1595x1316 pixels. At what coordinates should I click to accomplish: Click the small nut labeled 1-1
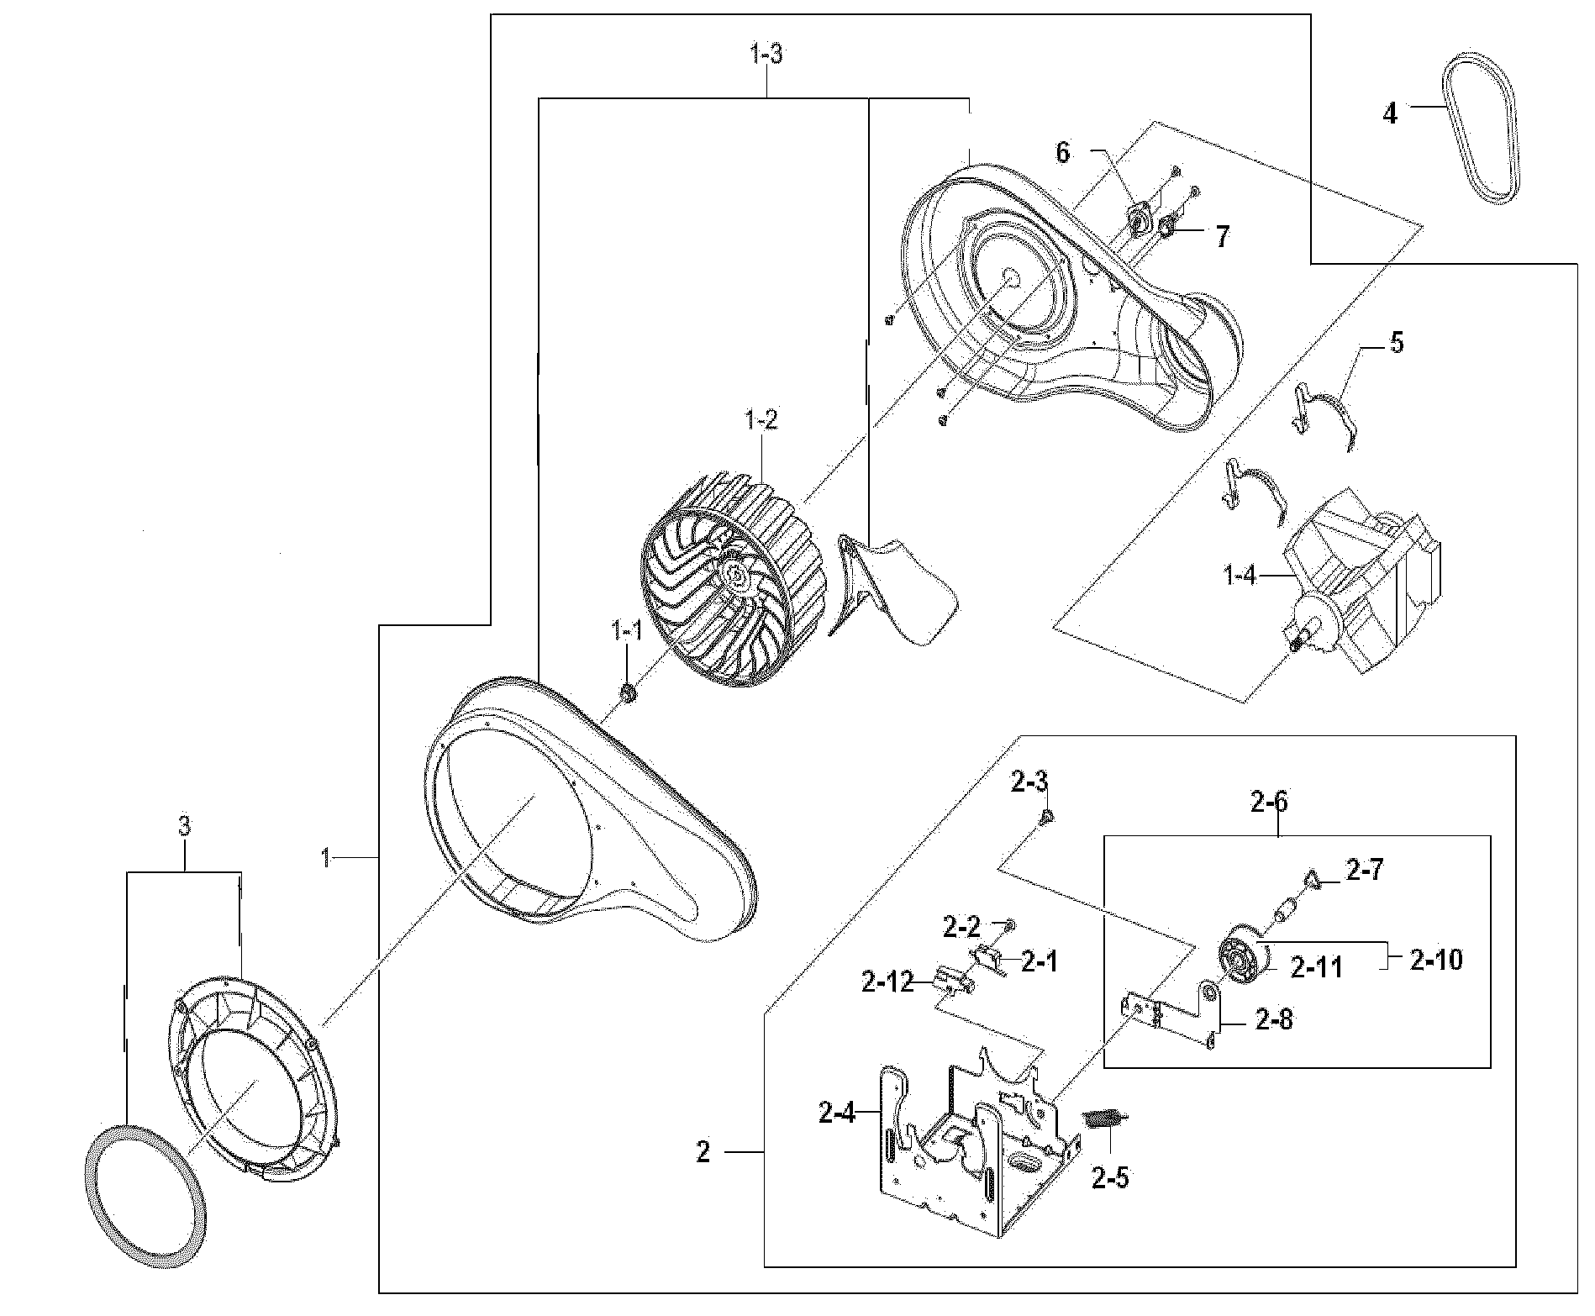628,693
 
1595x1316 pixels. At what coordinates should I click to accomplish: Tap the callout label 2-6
1268,803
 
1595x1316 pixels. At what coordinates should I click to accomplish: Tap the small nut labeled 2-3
1047,816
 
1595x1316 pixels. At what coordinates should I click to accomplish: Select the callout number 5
1396,343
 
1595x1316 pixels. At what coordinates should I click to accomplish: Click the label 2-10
1435,959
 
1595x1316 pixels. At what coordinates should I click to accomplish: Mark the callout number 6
1063,153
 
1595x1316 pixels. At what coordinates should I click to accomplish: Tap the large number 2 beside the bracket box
703,1152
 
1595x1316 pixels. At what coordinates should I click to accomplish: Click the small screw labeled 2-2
1010,924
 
